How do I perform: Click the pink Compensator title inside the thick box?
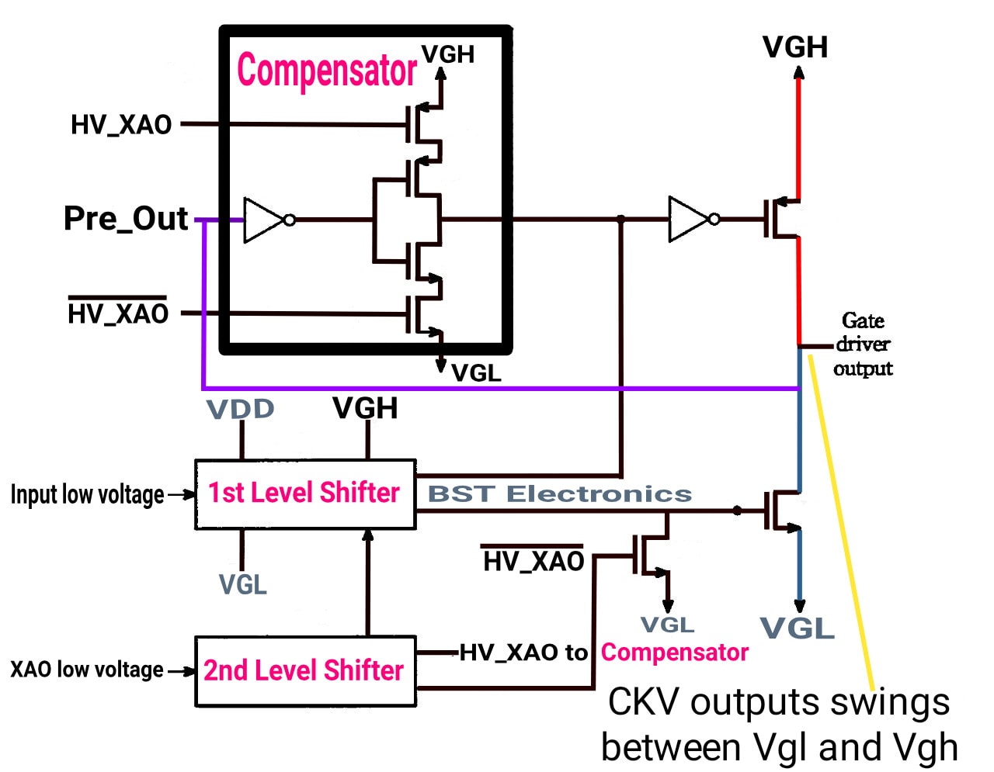click(x=327, y=71)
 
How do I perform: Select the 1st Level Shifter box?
click(x=305, y=494)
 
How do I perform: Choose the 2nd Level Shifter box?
click(x=305, y=671)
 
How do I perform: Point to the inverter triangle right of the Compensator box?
click(x=690, y=220)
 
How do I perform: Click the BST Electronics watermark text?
click(x=559, y=493)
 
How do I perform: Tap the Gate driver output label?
click(x=863, y=344)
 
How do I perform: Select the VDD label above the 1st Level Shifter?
click(x=241, y=408)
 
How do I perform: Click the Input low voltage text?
click(x=88, y=494)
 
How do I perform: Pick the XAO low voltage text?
click(x=87, y=670)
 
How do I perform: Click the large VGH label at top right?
click(x=795, y=47)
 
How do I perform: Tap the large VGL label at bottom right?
click(x=798, y=628)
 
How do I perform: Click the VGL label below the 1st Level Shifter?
click(x=243, y=584)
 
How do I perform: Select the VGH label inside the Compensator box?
click(x=448, y=54)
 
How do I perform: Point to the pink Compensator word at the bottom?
click(x=675, y=653)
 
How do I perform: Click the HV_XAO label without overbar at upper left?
click(x=121, y=124)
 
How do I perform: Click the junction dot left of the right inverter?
click(x=620, y=219)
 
